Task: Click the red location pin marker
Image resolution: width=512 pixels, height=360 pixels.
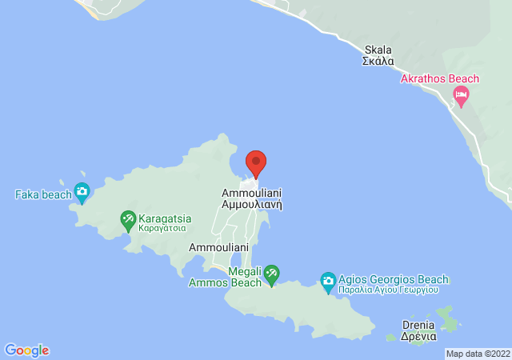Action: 256,162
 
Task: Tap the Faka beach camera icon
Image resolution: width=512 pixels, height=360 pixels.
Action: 82,191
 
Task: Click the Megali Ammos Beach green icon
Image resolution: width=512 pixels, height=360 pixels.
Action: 271,274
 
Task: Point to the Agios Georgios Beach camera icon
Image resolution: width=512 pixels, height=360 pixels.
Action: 327,281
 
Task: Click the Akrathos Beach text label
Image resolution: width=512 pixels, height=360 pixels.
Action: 439,78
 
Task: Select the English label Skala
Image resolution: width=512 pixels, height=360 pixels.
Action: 378,49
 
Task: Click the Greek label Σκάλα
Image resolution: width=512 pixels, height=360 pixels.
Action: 378,60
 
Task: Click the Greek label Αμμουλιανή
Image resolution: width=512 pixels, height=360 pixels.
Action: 251,205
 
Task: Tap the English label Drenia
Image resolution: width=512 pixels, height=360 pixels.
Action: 419,325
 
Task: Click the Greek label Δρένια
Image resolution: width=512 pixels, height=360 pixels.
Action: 419,336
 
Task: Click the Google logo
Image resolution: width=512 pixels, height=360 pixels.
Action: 26,350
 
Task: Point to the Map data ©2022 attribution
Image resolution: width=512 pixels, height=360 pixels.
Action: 478,354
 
